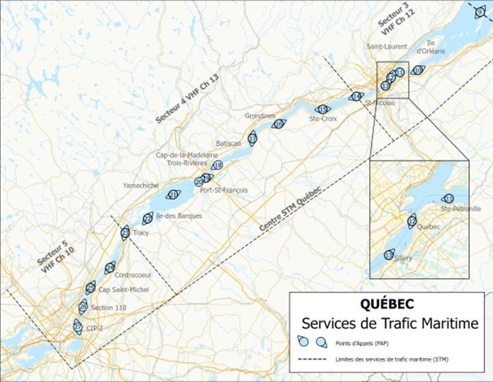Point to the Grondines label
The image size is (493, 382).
tap(260, 116)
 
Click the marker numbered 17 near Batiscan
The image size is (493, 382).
tap(252, 139)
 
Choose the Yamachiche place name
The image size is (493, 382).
tap(141, 186)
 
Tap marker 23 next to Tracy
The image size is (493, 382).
tap(125, 233)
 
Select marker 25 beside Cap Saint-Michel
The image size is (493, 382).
tap(90, 288)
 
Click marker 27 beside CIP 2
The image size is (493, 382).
tap(77, 327)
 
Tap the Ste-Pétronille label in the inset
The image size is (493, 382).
tap(457, 209)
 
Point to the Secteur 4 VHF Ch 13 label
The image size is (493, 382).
tap(186, 100)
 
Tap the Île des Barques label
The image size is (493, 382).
tap(179, 216)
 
